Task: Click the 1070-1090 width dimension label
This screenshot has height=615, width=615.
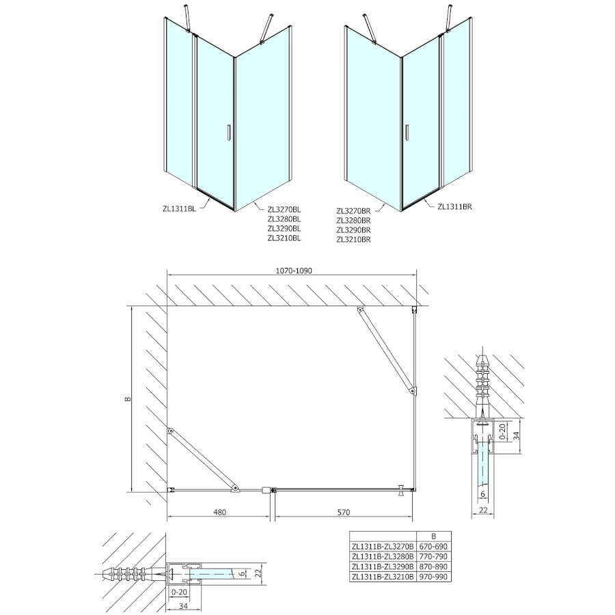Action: (294, 271)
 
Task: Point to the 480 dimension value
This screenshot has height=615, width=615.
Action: (219, 512)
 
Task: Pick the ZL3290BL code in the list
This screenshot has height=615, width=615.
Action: (284, 229)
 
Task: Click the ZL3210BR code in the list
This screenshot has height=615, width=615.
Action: (353, 240)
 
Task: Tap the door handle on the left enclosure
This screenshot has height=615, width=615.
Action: (229, 134)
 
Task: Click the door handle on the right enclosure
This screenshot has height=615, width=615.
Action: (407, 134)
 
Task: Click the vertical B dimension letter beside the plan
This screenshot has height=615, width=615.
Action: (128, 399)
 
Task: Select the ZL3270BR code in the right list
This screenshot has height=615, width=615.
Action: (353, 211)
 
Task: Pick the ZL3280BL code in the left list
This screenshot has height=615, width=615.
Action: (284, 219)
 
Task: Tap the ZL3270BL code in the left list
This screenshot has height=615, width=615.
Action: (284, 210)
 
